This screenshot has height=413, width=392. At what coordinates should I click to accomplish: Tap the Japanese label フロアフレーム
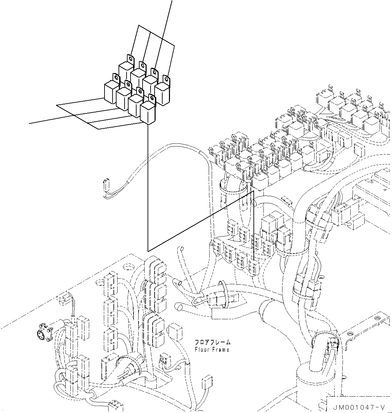pyautogui.click(x=212, y=342)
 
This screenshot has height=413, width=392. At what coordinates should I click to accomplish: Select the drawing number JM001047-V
pyautogui.click(x=359, y=408)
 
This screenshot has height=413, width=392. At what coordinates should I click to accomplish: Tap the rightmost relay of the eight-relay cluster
pyautogui.click(x=162, y=90)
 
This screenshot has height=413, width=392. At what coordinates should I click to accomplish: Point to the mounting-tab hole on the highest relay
pyautogui.click(x=130, y=58)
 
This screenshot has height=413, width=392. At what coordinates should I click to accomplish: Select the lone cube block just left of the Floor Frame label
pyautogui.click(x=175, y=336)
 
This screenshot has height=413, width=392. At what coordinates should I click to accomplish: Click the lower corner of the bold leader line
pyautogui.click(x=148, y=251)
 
